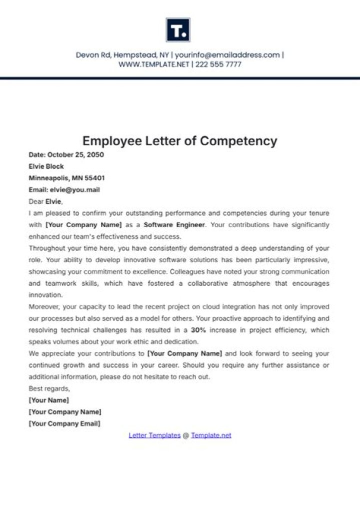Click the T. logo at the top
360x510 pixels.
tap(178, 30)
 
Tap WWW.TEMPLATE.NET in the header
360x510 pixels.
tap(153, 65)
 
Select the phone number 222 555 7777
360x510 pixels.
tap(218, 65)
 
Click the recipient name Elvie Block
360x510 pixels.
tap(46, 166)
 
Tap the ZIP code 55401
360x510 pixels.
tap(94, 178)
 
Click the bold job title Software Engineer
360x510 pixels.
tap(174, 225)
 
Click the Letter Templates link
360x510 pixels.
tap(154, 435)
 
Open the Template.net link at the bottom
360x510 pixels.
tap(211, 435)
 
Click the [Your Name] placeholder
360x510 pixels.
tap(49, 400)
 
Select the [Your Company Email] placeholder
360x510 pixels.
tap(64, 423)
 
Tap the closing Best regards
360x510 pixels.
tap(49, 389)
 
